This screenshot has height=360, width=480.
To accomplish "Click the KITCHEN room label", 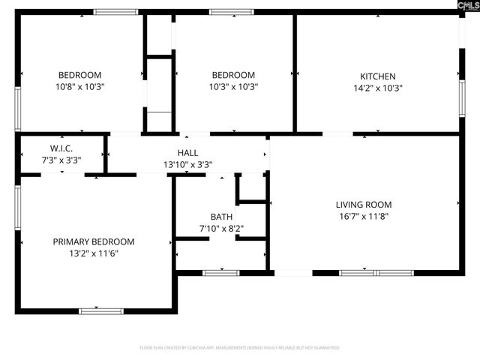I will tap(377, 76).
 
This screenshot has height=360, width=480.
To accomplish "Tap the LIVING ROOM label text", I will tap(363, 204).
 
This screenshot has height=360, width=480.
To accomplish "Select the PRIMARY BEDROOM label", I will tap(94, 241).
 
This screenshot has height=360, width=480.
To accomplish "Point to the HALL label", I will tap(188, 153).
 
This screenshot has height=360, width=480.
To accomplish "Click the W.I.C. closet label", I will tap(61, 148).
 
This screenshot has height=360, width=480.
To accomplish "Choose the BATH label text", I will tap(221, 216).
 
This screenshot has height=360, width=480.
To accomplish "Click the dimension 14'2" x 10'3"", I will tap(377, 87).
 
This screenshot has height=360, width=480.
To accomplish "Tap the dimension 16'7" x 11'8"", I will tap(363, 216).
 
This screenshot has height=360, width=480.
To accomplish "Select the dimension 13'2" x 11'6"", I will tap(94, 253).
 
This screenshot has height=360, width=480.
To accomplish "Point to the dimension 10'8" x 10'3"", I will tap(80, 87).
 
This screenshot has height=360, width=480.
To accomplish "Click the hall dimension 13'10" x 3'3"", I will tap(188, 164).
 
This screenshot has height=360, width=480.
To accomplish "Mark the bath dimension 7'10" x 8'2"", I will tap(221, 228).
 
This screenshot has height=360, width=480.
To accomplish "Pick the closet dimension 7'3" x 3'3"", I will tap(61, 160).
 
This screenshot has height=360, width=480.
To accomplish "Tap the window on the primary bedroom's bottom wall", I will tap(101, 310).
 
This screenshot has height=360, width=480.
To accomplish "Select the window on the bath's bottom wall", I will tap(221, 272).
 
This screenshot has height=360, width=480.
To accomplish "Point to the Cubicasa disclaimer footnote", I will tap(240, 348).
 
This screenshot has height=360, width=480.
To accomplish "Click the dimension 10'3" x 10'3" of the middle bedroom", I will tap(233, 87).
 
